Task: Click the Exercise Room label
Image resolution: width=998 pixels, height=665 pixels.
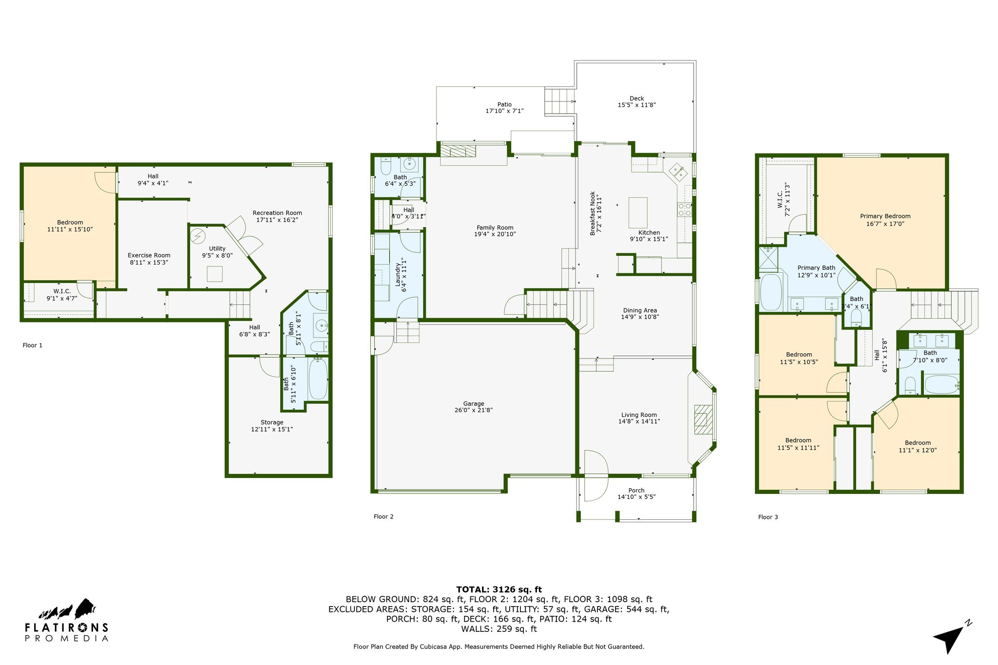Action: (149, 255)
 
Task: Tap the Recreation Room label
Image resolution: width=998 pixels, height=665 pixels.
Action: (277, 213)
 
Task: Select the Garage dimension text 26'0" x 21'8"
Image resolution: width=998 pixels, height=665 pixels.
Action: (474, 410)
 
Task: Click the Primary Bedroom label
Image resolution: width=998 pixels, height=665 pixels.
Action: (885, 216)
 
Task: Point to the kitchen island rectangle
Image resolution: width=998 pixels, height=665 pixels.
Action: (638, 212)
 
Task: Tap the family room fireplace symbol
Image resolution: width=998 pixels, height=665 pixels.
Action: (458, 151)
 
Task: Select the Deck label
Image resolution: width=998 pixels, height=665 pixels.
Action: (636, 98)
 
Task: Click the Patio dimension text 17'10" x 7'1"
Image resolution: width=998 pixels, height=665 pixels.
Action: (504, 111)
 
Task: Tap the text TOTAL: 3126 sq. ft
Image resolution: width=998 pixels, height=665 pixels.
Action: (499, 589)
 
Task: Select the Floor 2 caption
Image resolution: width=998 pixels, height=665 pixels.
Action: (384, 516)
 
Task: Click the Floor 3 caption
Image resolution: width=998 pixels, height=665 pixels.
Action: (768, 517)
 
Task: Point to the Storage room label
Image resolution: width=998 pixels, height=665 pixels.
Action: (272, 422)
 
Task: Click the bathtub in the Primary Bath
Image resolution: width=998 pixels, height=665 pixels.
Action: (771, 292)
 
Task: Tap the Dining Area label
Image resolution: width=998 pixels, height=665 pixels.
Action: (640, 310)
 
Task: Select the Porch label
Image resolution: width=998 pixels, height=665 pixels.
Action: (636, 491)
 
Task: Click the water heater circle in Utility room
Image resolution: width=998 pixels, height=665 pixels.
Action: (198, 236)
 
